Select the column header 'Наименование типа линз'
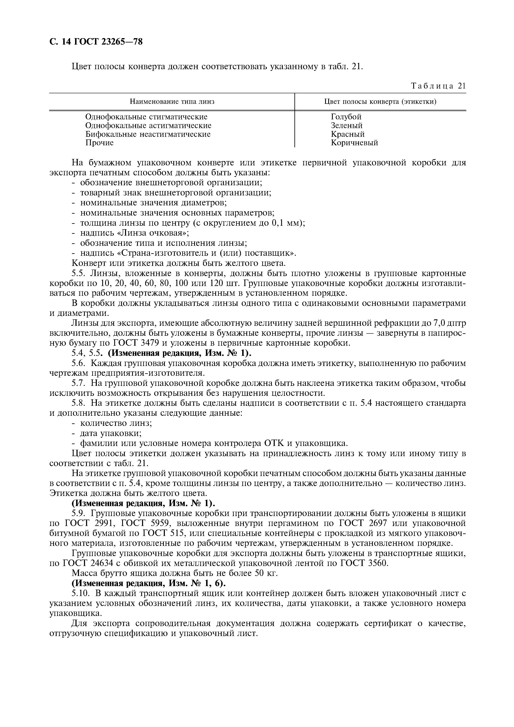(x=172, y=102)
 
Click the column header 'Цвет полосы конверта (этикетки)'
(x=380, y=102)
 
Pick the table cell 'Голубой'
(x=346, y=117)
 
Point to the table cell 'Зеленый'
(x=346, y=125)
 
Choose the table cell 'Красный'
(x=348, y=134)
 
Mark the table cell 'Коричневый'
(x=354, y=143)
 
